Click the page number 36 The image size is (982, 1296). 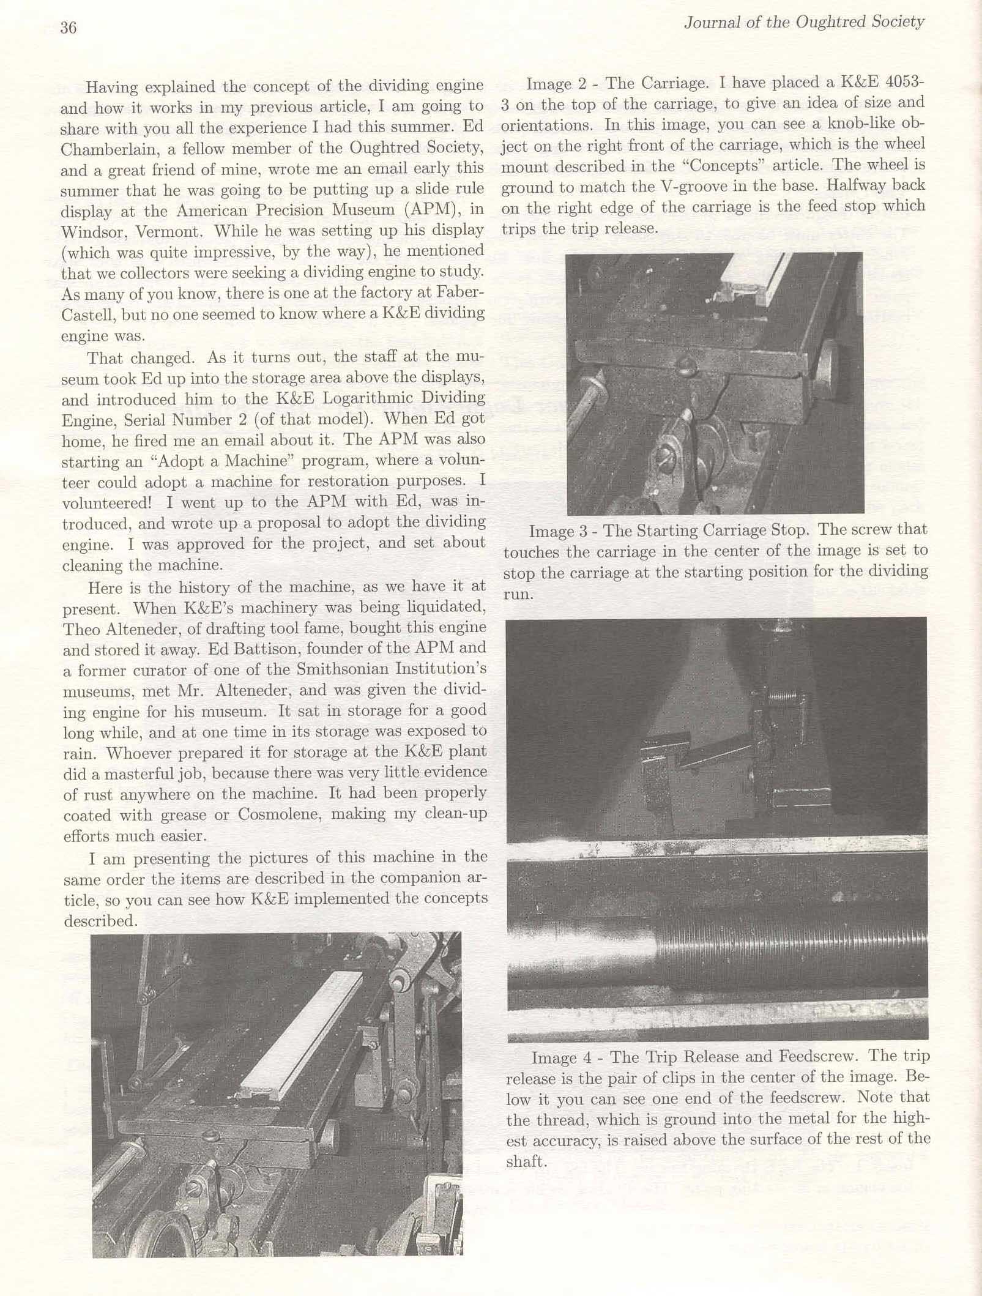point(69,28)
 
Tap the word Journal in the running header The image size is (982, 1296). point(709,23)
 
